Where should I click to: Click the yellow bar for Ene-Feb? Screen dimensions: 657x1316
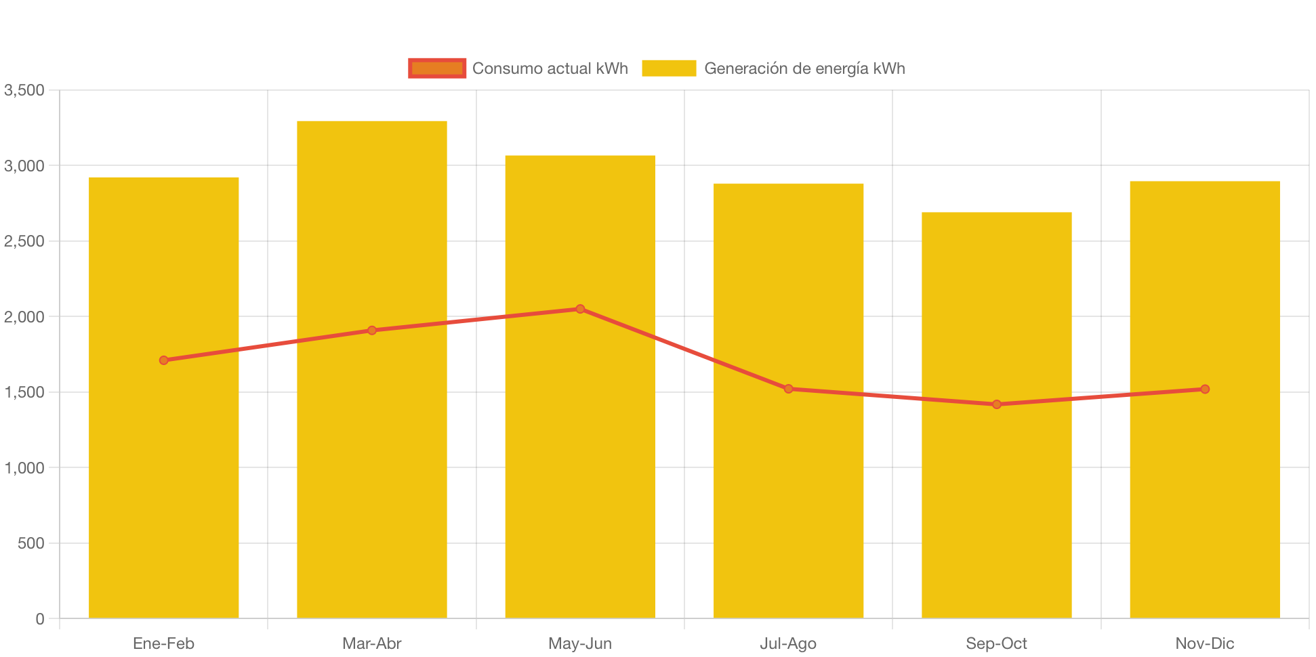tap(163, 474)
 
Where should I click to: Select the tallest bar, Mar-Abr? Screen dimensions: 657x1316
tap(371, 474)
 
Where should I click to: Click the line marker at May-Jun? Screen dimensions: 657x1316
tap(580, 309)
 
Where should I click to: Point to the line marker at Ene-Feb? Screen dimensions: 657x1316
tap(163, 360)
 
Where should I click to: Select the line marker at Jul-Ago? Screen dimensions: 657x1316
tap(788, 389)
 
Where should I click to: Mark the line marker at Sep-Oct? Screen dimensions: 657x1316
tap(996, 404)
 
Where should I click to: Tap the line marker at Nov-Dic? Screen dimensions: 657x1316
tap(1204, 389)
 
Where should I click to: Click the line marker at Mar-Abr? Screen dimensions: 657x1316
tap(371, 331)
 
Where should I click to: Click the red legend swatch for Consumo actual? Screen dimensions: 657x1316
tap(437, 68)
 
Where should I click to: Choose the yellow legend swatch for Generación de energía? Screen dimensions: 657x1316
tap(669, 68)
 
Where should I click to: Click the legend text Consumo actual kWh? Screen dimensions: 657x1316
tap(550, 68)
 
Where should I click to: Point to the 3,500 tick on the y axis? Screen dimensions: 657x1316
tap(24, 90)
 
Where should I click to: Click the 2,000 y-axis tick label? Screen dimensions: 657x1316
tap(24, 317)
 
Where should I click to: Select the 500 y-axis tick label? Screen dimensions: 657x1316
tap(30, 543)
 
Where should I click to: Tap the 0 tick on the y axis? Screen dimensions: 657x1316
tap(39, 619)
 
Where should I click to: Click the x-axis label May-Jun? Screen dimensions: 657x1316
tap(580, 643)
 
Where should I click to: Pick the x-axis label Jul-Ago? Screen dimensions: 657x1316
tap(788, 643)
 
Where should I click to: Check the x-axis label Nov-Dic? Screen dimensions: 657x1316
tap(1204, 643)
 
